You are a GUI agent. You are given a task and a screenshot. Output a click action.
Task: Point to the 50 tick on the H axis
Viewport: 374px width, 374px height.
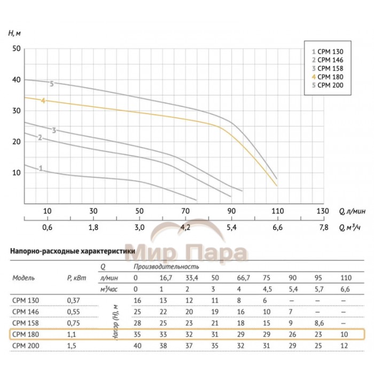[16, 49]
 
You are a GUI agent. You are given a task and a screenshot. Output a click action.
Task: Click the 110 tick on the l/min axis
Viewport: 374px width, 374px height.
[277, 211]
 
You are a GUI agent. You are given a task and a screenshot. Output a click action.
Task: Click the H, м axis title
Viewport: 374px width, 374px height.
[15, 33]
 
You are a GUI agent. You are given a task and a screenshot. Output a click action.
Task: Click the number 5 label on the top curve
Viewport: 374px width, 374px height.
[52, 84]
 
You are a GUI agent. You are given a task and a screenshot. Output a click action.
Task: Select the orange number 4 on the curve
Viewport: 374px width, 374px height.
[43, 100]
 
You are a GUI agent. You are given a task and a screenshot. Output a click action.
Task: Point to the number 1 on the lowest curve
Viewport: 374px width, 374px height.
[41, 168]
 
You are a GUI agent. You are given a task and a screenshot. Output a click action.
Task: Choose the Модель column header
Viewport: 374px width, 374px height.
[24, 278]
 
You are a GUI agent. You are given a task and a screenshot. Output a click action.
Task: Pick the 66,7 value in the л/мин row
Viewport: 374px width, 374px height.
[243, 278]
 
